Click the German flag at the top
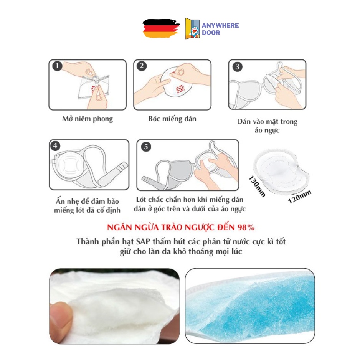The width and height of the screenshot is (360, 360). point(160,28)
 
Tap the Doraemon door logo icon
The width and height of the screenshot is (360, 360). point(192,29)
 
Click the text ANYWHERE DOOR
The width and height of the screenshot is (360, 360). point(220,29)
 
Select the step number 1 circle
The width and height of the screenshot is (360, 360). point(57,67)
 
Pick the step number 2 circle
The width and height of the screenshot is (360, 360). point(142,66)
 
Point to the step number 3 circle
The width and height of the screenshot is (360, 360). point(237,67)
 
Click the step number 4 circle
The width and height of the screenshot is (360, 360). point(56,146)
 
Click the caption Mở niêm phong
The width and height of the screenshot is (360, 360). point(88,119)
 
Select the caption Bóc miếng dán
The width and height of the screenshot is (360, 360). point(172,119)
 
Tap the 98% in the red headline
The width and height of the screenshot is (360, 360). point(245,227)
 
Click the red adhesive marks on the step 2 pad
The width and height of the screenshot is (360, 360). point(180,89)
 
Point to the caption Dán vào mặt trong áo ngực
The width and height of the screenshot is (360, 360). point(267,126)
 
